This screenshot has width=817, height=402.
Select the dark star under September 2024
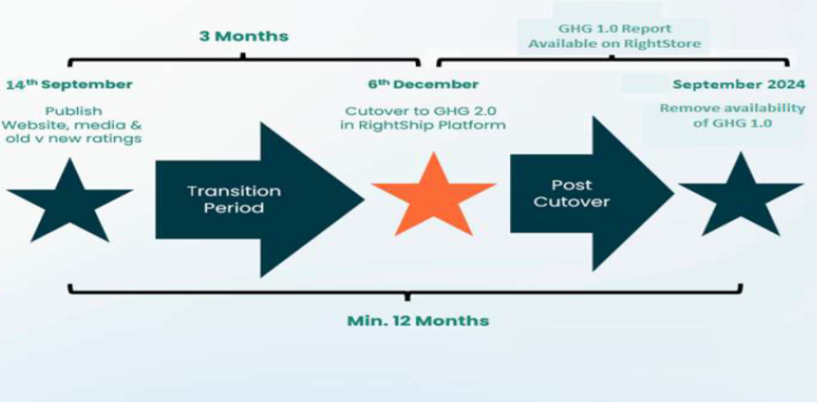coord(741,196)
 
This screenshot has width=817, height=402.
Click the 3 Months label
coord(243,36)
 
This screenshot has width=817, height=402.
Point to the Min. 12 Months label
coord(418,321)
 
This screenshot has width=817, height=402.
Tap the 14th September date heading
coord(69,84)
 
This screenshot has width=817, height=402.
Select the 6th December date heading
coord(423,84)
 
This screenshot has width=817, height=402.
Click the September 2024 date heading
coord(728,84)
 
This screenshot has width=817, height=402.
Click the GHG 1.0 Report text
coord(614,28)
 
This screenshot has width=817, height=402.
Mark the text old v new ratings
coord(72,139)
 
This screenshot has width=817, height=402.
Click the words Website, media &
coord(72,125)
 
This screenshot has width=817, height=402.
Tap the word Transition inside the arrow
coord(234,191)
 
